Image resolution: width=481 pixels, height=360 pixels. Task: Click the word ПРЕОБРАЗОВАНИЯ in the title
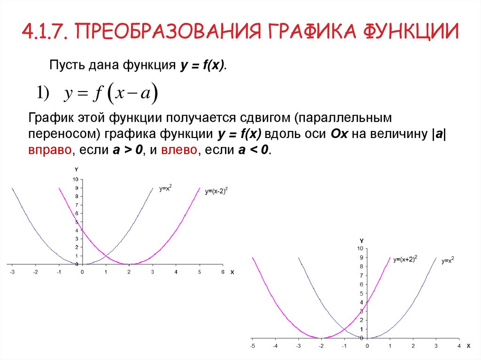click(166, 31)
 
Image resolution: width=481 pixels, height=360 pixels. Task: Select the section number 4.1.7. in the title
click(47, 31)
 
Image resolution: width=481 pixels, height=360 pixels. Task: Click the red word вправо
click(51, 151)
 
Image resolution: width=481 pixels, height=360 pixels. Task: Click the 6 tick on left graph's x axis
click(223, 272)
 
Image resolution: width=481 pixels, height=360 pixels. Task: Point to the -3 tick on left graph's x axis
click(12, 272)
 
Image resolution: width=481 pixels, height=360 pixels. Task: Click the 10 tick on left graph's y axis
click(75, 179)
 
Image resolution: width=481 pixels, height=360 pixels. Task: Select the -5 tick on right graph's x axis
click(252, 346)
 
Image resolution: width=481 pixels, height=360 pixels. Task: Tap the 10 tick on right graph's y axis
click(360, 248)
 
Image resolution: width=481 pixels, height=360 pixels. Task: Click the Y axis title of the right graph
click(362, 240)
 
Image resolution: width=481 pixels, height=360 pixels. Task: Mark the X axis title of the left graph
click(232, 272)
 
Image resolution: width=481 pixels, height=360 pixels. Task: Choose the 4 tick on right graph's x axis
click(459, 346)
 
